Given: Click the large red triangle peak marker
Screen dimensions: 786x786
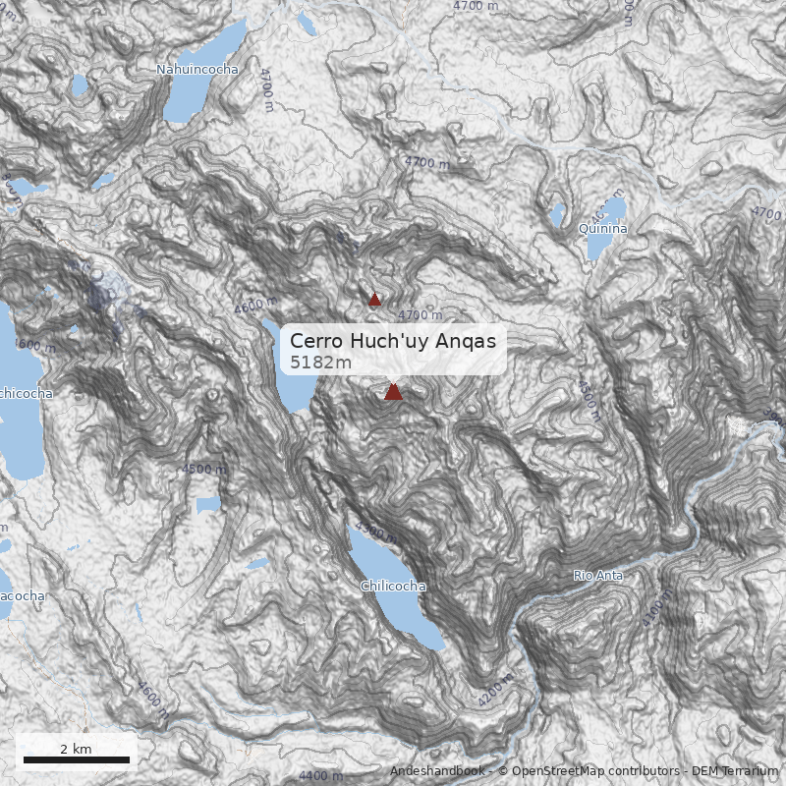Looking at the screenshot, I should coord(393,392).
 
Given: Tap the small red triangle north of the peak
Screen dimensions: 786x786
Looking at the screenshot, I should coord(374,300).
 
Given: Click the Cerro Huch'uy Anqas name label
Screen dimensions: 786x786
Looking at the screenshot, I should coord(398,341).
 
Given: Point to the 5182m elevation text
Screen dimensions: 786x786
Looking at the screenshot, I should coord(321,363).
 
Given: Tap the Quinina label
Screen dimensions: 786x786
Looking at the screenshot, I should coord(603,228).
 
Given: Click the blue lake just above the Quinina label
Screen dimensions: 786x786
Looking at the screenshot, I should coord(614,210).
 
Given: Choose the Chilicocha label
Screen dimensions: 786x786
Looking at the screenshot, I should coord(393,587).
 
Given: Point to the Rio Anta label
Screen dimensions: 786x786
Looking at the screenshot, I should coord(598,576).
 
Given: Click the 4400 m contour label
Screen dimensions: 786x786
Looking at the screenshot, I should coord(321,776).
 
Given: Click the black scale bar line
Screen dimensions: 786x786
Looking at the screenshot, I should coord(77,759).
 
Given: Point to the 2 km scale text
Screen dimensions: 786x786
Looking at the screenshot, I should coord(76,749).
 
